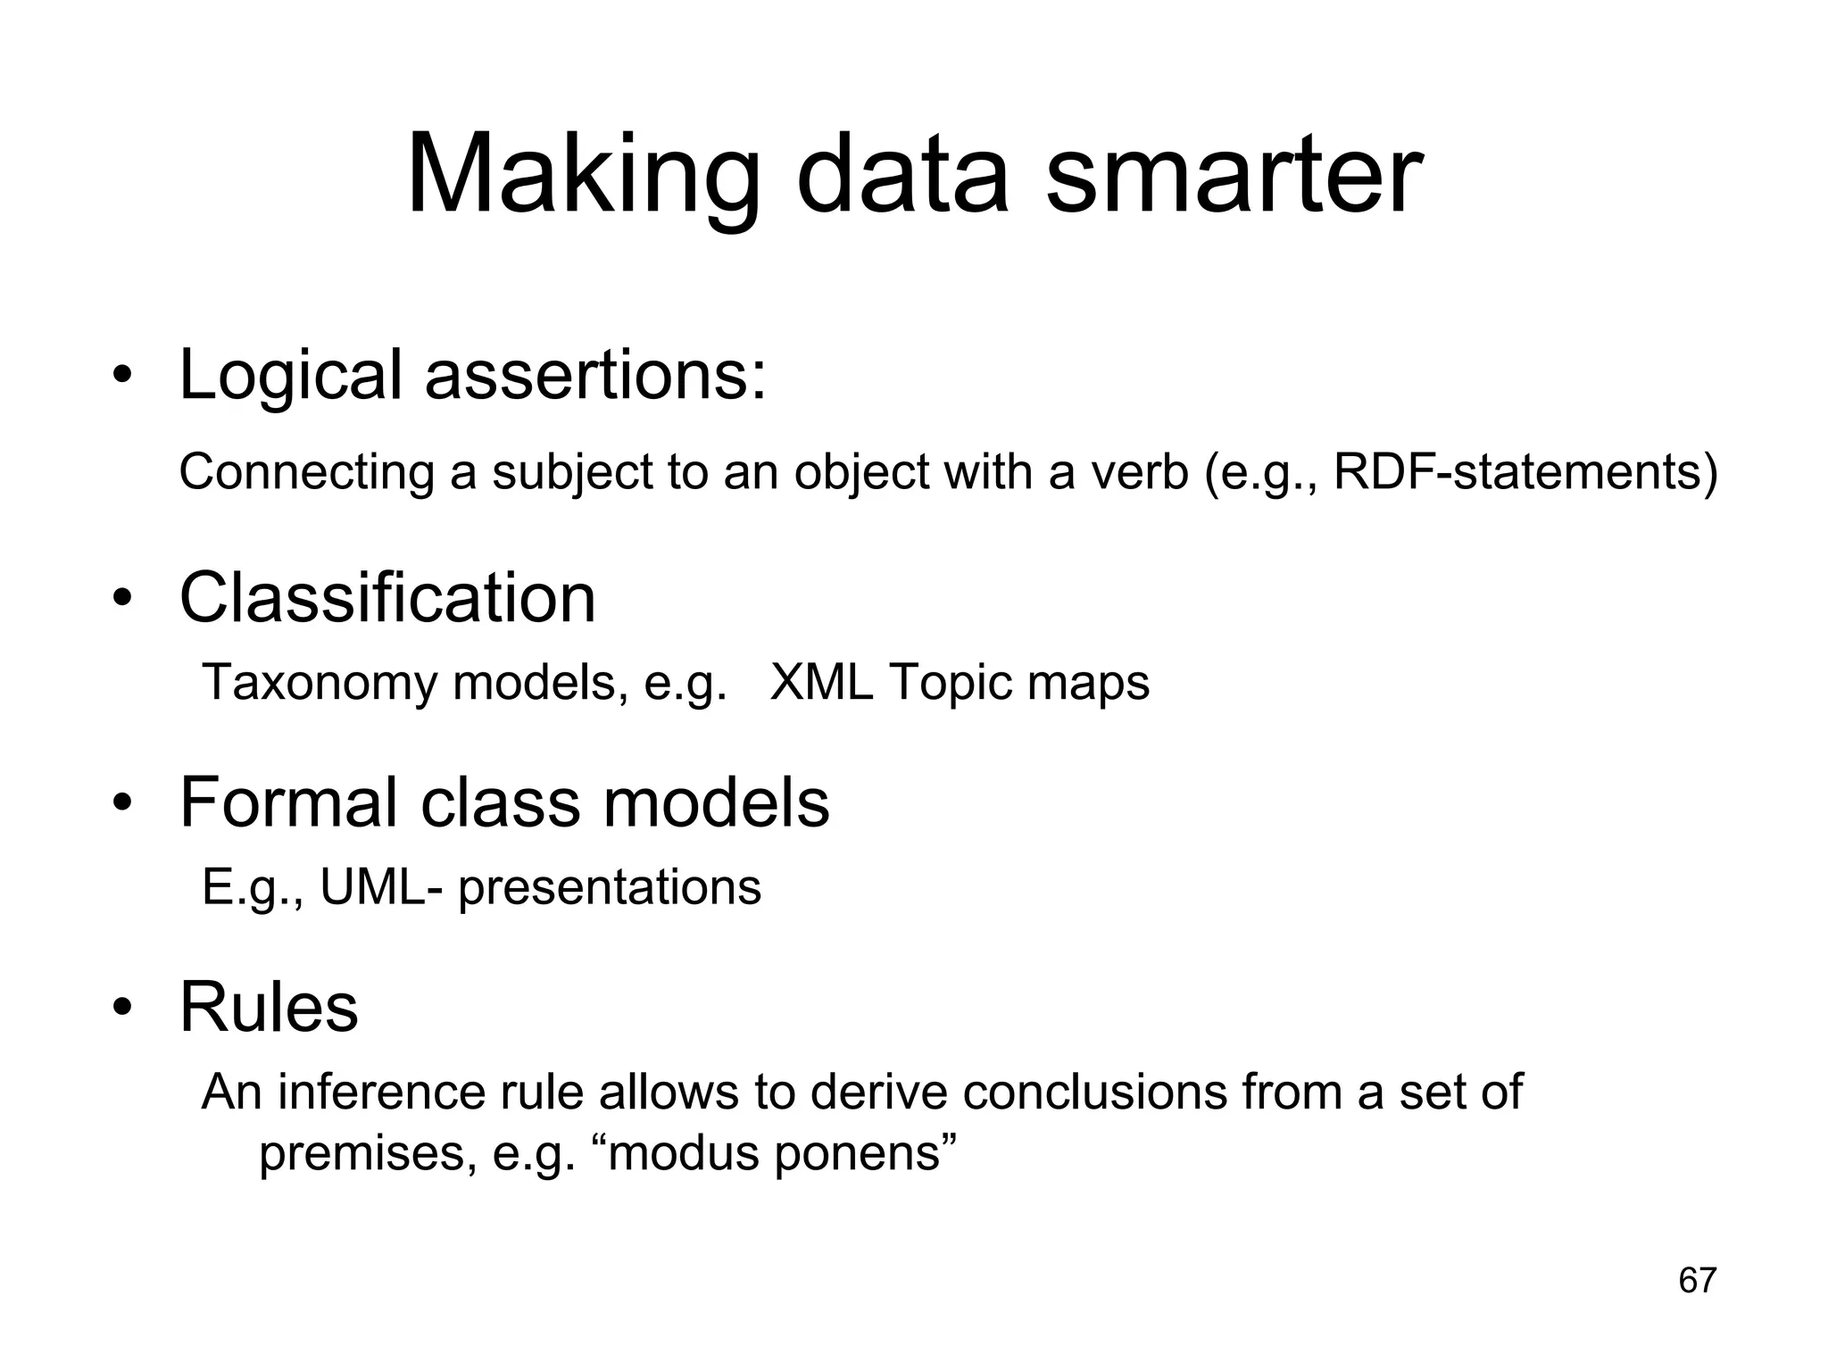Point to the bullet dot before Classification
[122, 599]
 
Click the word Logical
[290, 375]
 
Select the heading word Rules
[269, 1007]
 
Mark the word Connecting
[306, 473]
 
